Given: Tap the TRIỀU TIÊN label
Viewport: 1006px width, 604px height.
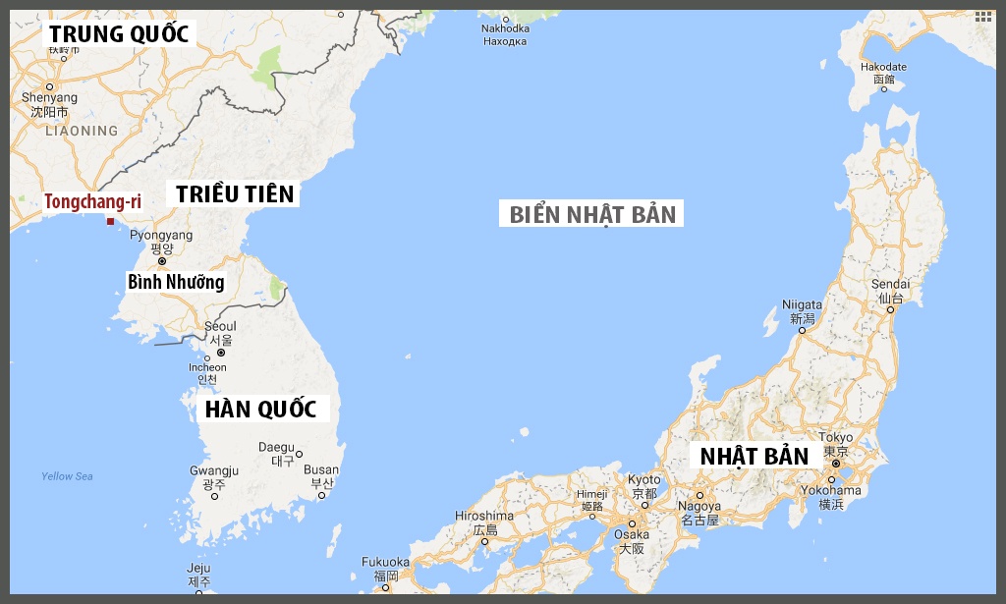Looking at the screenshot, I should point(236,193).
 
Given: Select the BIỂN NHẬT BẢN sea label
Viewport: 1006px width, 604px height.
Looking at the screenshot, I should point(592,214).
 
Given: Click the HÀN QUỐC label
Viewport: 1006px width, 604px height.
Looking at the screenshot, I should point(259,409).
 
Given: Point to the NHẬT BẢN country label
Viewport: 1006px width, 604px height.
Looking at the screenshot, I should point(754,456).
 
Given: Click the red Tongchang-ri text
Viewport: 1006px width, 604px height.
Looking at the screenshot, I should point(92,201).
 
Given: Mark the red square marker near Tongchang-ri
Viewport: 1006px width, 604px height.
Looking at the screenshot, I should point(110,221).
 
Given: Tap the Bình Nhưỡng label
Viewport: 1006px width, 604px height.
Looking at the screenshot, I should point(176,282).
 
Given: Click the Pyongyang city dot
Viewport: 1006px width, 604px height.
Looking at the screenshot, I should point(162,261).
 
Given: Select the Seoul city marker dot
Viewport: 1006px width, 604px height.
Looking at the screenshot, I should point(221,353).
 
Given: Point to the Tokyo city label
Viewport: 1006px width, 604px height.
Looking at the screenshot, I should point(836,438).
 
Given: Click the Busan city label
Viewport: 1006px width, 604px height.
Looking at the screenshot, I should point(321,470).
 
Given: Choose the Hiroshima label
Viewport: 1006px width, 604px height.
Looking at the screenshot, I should point(484,516).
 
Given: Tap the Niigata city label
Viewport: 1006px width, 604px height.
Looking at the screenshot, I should point(802,304).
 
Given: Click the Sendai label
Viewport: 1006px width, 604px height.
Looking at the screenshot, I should point(890,284).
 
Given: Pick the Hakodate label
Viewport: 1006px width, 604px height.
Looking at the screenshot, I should point(883,67).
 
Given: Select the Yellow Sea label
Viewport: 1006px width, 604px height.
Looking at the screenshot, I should point(67,476).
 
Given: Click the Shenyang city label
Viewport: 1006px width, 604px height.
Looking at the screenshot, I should point(49,97).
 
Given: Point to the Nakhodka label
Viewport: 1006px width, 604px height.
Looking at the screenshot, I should point(505,29).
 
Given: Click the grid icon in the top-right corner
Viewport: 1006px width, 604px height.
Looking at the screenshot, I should point(983,17).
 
